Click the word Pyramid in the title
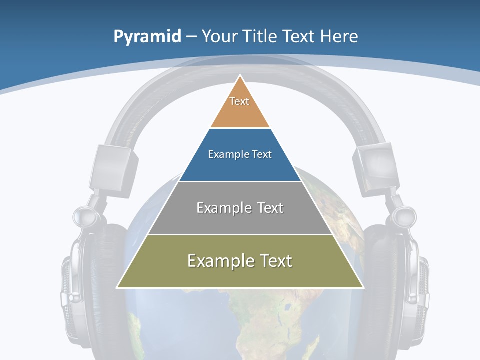pos(147,37)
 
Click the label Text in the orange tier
pos(239,101)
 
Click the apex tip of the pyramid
pos(240,76)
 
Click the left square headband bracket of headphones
pos(113,167)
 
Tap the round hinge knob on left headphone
pos(83,216)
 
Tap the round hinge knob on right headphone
pos(404,216)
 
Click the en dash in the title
pos(191,37)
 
